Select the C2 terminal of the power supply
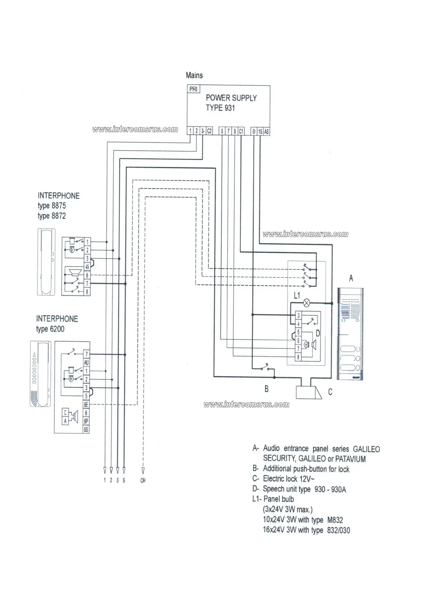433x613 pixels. click(x=209, y=131)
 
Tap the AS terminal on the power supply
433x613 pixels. click(x=266, y=131)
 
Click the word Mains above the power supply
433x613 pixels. click(x=194, y=75)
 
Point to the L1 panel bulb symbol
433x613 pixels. click(x=307, y=302)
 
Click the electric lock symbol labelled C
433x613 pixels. click(x=308, y=392)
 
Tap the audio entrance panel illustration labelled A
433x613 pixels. click(x=351, y=333)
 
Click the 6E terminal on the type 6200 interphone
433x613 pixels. click(x=86, y=404)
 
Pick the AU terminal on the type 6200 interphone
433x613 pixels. click(x=86, y=363)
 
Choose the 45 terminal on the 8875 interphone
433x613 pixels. click(x=87, y=267)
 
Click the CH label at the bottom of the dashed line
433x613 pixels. click(x=143, y=480)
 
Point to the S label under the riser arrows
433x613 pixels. click(x=124, y=480)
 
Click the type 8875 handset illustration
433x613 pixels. click(x=47, y=261)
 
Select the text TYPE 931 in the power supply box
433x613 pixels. click(x=220, y=108)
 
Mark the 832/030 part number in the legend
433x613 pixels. click(x=338, y=530)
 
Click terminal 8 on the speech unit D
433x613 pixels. click(x=298, y=357)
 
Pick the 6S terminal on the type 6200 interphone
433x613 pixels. click(x=86, y=430)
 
